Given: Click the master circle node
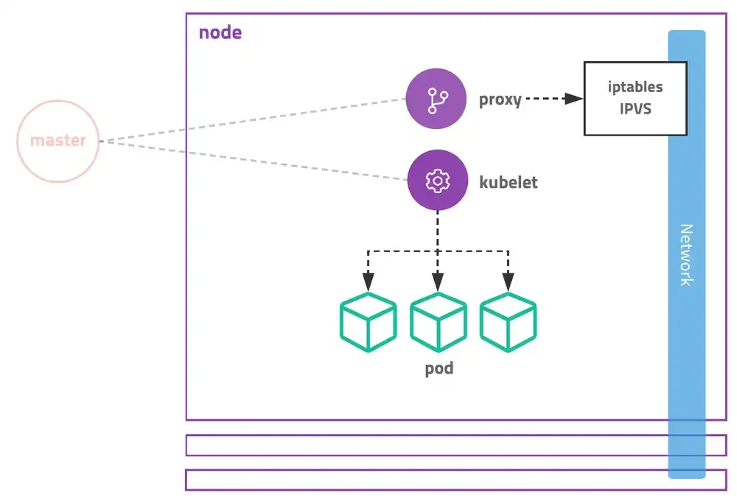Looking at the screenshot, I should (x=57, y=141).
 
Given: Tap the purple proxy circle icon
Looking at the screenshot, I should (x=436, y=99).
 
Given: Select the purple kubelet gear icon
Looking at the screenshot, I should (x=438, y=181).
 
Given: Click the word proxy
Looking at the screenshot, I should (x=500, y=100).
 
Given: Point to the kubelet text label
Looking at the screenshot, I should (x=509, y=182).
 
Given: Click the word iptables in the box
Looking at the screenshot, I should (x=635, y=87).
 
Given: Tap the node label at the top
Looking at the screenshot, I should (x=220, y=33).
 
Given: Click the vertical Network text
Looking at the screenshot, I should (x=686, y=254).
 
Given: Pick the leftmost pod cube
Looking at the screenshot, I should (x=368, y=322).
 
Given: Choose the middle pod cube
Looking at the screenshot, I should (x=438, y=322).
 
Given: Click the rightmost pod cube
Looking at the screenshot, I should (x=508, y=322).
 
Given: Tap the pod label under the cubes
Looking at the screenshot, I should (x=439, y=368).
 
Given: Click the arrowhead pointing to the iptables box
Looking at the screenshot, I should (x=573, y=99).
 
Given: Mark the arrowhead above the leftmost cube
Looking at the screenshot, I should (x=368, y=281).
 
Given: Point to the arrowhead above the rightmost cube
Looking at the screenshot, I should (x=508, y=281).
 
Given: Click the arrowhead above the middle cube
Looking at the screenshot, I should (x=438, y=281).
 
